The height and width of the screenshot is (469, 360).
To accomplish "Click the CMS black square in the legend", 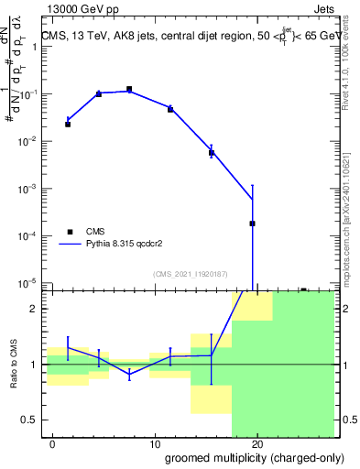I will pyautogui.click(x=68, y=232).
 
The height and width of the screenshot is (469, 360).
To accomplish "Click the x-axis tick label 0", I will pyautogui.click(x=54, y=444).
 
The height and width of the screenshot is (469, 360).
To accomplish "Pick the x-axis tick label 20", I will pyautogui.click(x=257, y=444).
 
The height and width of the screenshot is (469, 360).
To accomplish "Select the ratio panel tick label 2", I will pyautogui.click(x=38, y=309).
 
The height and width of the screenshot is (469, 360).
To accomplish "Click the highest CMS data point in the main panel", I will pyautogui.click(x=129, y=89).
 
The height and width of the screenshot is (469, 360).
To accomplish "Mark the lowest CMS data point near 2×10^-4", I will pyautogui.click(x=252, y=224).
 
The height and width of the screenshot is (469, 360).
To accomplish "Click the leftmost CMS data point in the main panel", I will pyautogui.click(x=68, y=124).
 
